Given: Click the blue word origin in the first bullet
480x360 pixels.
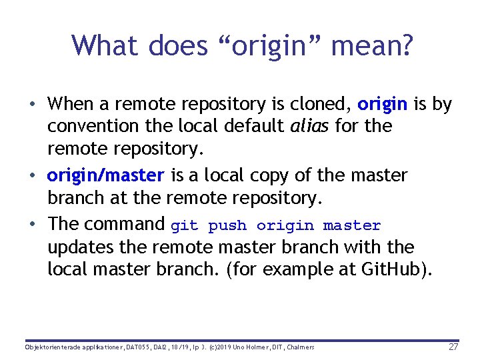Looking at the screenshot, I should click(x=382, y=105).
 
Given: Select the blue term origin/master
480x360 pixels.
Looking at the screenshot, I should click(x=105, y=176).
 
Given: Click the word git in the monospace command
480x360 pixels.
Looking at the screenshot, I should click(x=185, y=226).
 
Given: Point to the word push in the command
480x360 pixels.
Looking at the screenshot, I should click(x=227, y=226).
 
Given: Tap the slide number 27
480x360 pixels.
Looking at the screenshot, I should click(x=453, y=347).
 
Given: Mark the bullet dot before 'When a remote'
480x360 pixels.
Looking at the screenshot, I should click(x=32, y=105).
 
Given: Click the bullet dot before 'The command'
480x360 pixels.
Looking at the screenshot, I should click(x=32, y=223).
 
